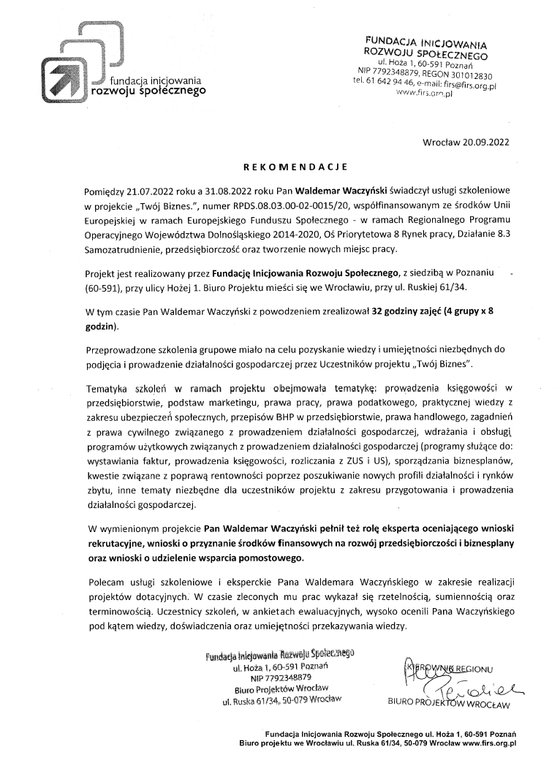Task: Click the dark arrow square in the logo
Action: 62,78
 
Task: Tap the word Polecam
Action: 107,580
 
